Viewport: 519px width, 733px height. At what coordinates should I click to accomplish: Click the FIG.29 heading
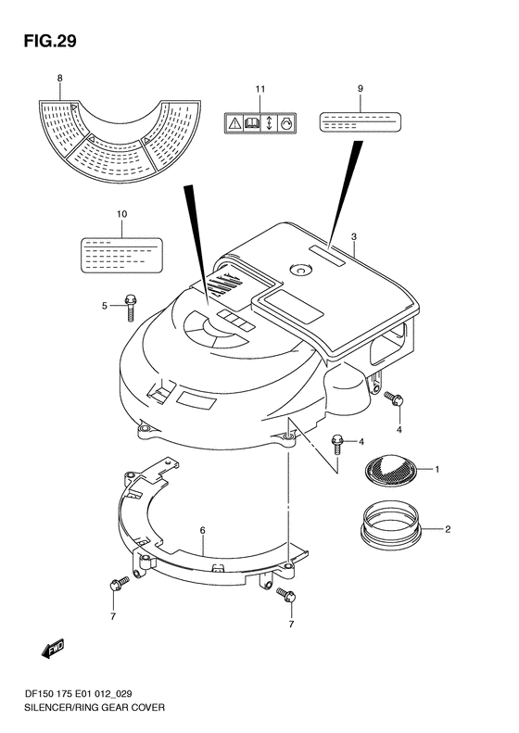(x=50, y=41)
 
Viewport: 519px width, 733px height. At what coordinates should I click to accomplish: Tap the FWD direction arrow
(x=53, y=649)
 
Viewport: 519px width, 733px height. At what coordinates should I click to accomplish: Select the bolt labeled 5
(x=130, y=307)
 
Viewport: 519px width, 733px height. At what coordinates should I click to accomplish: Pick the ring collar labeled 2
(x=391, y=526)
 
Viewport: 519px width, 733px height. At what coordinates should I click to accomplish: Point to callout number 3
(x=354, y=237)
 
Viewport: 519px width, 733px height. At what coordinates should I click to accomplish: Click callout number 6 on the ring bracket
(x=202, y=531)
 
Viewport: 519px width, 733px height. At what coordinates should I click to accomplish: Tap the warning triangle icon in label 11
(x=234, y=123)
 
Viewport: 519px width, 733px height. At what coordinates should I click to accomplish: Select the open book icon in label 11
(x=251, y=123)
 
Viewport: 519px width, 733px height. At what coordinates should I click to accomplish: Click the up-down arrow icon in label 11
(x=269, y=123)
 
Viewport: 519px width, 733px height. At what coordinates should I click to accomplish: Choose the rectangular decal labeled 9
(x=360, y=121)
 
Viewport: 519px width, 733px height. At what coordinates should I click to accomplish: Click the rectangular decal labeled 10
(x=121, y=255)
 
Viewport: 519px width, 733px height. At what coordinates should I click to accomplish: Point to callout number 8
(x=60, y=79)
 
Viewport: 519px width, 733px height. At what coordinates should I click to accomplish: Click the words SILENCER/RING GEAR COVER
(x=94, y=707)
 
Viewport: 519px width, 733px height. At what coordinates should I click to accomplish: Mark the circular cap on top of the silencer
(x=299, y=270)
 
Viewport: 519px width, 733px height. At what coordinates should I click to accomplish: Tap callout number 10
(x=121, y=214)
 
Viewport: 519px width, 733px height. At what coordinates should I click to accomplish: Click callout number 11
(x=260, y=89)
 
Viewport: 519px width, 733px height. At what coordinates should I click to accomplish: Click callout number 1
(x=437, y=469)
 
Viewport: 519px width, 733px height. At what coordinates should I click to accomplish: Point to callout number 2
(x=448, y=529)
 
